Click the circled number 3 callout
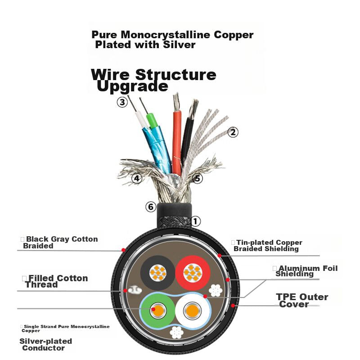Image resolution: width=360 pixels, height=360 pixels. (x=122, y=102)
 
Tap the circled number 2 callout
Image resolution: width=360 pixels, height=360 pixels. (x=233, y=132)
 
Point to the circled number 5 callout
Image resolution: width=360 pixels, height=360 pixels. (x=198, y=179)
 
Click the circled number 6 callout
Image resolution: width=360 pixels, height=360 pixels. (x=151, y=207)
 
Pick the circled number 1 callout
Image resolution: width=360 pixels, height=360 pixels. (x=195, y=221)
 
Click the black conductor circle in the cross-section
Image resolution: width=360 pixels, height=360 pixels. (x=157, y=272)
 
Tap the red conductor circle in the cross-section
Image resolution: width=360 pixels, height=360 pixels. (x=193, y=272)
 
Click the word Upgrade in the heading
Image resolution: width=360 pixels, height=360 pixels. (x=133, y=86)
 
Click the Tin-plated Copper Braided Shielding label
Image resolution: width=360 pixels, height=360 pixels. (x=268, y=245)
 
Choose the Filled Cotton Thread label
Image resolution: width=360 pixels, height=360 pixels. (x=57, y=281)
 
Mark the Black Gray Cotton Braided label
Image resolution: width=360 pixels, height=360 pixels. (x=61, y=243)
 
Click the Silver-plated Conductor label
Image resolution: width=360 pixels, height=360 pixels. (x=45, y=344)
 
